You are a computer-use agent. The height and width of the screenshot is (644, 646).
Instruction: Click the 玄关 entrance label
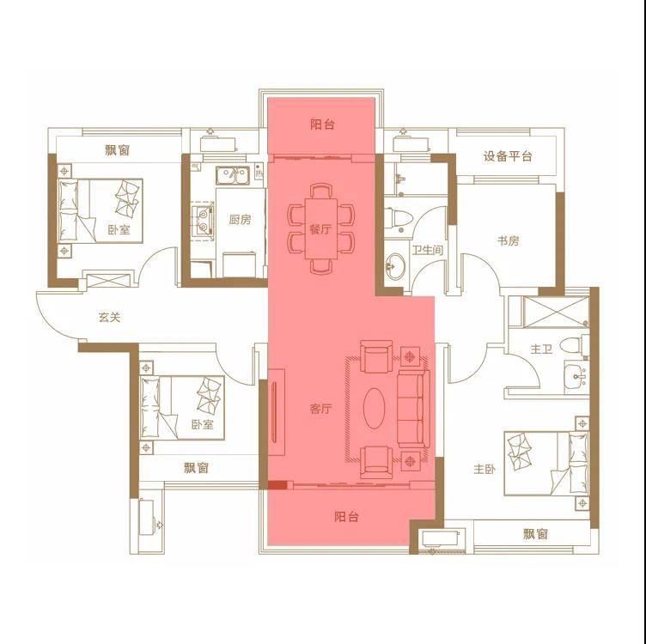click(x=109, y=318)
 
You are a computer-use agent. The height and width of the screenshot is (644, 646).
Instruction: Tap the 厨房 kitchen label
click(x=240, y=220)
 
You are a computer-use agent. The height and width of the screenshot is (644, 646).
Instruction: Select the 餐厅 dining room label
click(x=320, y=229)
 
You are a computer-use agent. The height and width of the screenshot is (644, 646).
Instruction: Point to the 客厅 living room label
click(x=320, y=409)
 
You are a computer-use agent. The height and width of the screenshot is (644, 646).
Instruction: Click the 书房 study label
click(x=508, y=240)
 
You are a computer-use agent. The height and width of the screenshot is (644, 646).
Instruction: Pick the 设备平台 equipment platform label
click(x=508, y=156)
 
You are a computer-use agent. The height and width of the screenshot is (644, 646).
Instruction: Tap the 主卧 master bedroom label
click(x=484, y=469)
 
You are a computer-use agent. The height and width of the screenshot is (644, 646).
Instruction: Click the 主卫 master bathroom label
click(x=541, y=349)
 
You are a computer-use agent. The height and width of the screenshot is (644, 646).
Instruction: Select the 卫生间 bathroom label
click(x=427, y=250)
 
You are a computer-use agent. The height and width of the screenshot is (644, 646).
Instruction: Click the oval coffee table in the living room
click(x=375, y=409)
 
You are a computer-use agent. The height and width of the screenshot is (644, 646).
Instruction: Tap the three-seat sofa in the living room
click(x=413, y=409)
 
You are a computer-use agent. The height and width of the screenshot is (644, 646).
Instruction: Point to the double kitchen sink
click(x=233, y=175)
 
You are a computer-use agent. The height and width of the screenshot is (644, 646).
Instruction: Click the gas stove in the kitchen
click(x=203, y=221)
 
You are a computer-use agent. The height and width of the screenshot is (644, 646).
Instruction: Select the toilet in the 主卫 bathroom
click(x=576, y=345)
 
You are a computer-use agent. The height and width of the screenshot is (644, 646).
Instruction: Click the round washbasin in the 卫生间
click(x=395, y=266)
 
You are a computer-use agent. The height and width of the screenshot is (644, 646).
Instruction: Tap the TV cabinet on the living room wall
click(x=277, y=412)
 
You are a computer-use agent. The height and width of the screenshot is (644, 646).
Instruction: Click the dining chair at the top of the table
click(x=321, y=191)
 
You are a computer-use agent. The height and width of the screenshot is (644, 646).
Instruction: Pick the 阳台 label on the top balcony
click(x=323, y=125)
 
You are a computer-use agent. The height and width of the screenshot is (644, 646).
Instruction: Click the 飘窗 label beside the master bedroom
click(x=535, y=534)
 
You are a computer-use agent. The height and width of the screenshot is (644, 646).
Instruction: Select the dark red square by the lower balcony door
click(x=277, y=484)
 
